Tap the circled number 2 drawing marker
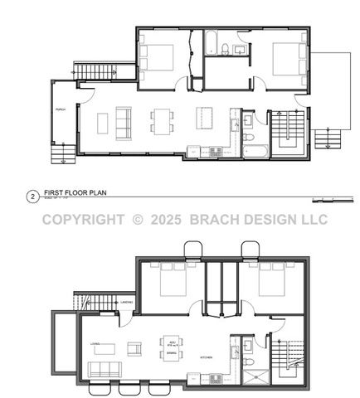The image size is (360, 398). (x=32, y=197)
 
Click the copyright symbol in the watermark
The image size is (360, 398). (x=138, y=220)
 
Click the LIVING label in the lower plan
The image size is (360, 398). (x=95, y=344)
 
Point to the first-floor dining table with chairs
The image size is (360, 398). (x=162, y=121)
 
